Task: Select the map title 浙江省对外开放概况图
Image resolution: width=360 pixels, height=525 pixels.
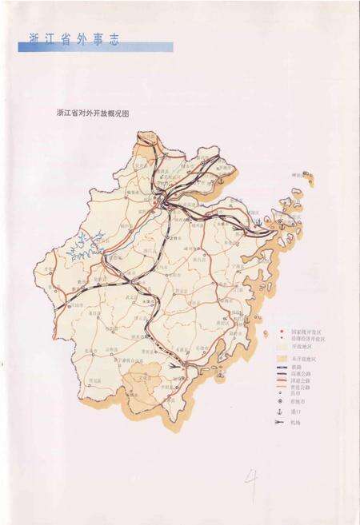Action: click(x=93, y=113)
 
